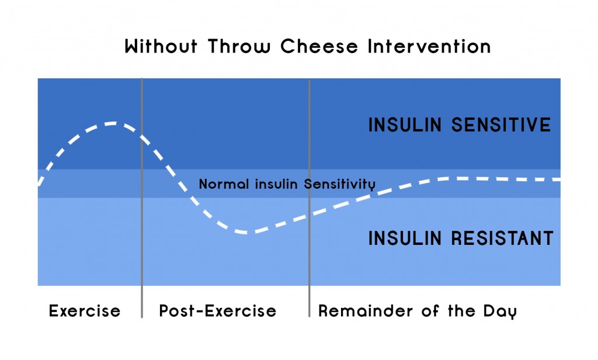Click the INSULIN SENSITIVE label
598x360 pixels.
pyautogui.click(x=460, y=125)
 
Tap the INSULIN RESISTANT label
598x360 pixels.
pyautogui.click(x=461, y=238)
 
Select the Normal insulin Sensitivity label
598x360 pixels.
pyautogui.click(x=287, y=184)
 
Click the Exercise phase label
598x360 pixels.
pyautogui.click(x=85, y=311)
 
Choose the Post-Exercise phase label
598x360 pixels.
pyautogui.click(x=218, y=311)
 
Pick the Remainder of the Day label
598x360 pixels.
pyautogui.click(x=417, y=311)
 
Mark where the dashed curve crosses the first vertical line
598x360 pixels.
pyautogui.click(x=142, y=136)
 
